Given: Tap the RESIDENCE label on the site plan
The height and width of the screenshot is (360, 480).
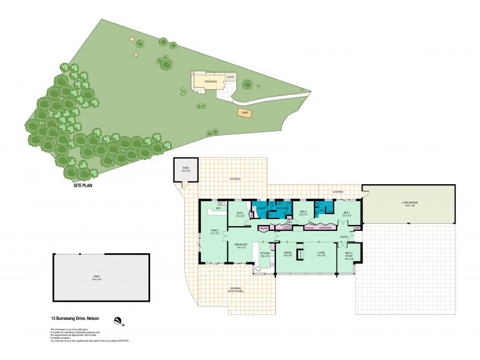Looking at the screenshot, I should (211, 81).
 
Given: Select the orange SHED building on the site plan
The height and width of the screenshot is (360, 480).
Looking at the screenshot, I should (245, 112).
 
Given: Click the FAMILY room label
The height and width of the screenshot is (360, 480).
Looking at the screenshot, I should (214, 232).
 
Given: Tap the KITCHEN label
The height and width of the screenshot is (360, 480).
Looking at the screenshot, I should (265, 254).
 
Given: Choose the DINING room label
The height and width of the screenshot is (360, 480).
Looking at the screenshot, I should (287, 254).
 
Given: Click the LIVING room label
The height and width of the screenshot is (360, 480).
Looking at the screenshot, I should (321, 254).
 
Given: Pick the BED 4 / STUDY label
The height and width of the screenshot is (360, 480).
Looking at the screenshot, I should (349, 257).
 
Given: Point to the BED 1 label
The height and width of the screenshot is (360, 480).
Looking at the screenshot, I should (347, 213).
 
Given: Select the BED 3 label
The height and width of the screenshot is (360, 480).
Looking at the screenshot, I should (239, 213).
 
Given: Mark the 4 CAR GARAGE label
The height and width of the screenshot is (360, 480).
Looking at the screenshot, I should (410, 203).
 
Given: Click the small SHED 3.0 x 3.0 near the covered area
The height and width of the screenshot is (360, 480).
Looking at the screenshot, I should (185, 170).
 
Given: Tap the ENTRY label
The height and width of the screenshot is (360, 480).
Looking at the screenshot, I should (344, 238).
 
